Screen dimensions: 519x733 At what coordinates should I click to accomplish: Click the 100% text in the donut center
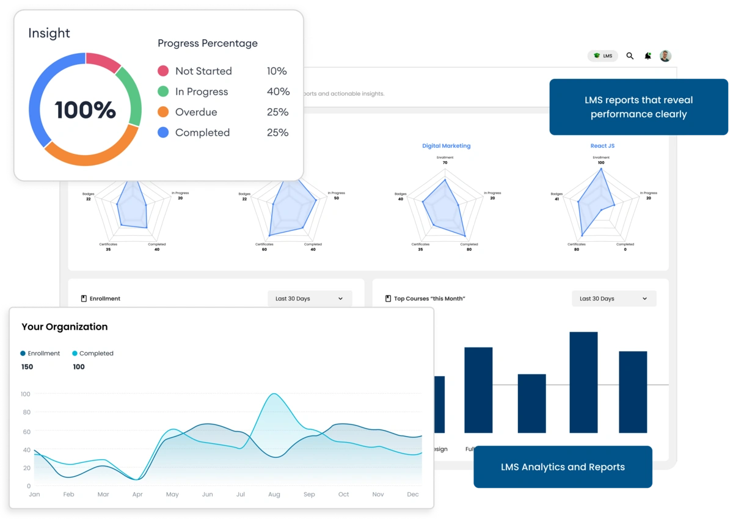[85, 110]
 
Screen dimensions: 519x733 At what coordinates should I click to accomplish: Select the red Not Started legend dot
[163, 71]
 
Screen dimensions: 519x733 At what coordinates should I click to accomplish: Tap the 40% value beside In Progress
[278, 92]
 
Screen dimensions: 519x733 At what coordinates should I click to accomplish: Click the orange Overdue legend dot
[163, 112]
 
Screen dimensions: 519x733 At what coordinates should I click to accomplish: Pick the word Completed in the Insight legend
[202, 132]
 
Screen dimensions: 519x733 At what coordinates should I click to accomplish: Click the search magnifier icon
[630, 56]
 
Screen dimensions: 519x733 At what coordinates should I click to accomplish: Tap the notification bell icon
[647, 56]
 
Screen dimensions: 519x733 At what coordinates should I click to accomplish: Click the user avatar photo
[665, 56]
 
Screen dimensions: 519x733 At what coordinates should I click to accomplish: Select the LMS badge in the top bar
[603, 56]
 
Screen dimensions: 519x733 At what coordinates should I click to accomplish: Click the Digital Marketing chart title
[446, 146]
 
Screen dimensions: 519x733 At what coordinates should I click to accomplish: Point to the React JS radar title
[602, 146]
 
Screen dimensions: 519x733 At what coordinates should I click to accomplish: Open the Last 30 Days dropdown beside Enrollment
[310, 299]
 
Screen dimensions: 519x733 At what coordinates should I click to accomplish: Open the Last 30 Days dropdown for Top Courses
[614, 299]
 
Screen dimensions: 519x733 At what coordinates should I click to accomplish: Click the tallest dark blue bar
[583, 382]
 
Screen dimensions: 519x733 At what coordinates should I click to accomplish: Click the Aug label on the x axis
[274, 495]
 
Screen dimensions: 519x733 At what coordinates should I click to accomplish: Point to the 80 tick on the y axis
[26, 412]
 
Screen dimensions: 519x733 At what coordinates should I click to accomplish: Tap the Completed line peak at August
[274, 394]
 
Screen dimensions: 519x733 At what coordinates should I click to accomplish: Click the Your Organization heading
[65, 327]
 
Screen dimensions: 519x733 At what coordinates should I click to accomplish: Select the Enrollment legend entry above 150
[40, 354]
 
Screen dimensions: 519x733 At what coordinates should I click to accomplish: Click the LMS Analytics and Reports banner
[563, 467]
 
